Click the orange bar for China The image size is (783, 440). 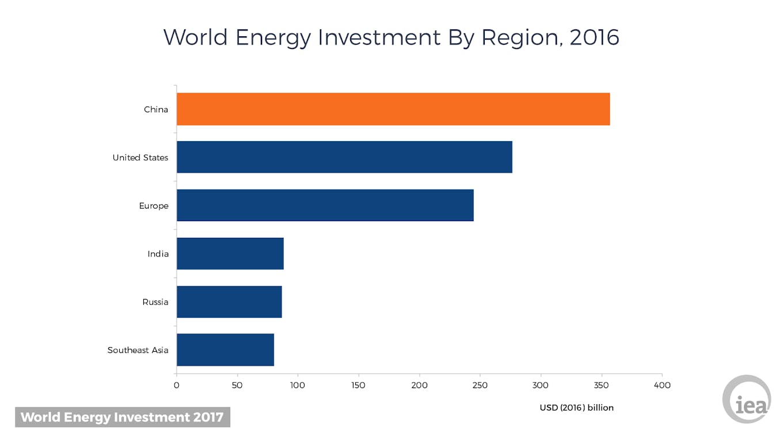click(x=393, y=109)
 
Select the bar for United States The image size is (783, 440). click(x=344, y=157)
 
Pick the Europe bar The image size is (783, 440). click(x=325, y=206)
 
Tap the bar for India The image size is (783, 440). click(x=230, y=253)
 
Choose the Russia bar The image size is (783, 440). click(x=229, y=302)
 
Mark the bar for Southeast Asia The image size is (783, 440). click(x=225, y=350)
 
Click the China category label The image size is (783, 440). click(x=156, y=109)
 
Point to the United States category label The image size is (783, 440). click(x=140, y=158)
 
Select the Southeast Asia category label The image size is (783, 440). click(x=138, y=350)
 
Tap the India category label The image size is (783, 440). click(x=158, y=254)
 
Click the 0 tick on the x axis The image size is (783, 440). click(x=177, y=385)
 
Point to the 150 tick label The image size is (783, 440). click(x=359, y=385)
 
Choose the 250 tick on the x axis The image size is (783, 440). click(x=480, y=385)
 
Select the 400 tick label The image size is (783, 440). click(x=662, y=385)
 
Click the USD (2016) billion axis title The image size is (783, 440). click(x=576, y=408)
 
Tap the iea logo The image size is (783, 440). click(x=747, y=399)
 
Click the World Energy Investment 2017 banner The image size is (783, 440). click(x=122, y=417)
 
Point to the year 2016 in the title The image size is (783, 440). click(x=594, y=37)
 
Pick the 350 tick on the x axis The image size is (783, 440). click(x=602, y=385)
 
